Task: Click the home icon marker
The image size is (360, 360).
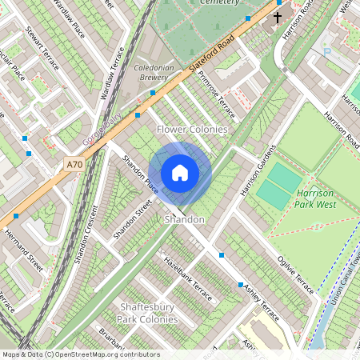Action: pyautogui.click(x=180, y=173)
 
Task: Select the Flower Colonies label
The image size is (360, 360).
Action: pyautogui.click(x=192, y=129)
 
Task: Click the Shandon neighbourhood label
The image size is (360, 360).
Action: pyautogui.click(x=184, y=218)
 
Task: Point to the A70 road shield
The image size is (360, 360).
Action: pyautogui.click(x=74, y=165)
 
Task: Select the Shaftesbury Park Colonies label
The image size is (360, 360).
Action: pyautogui.click(x=148, y=314)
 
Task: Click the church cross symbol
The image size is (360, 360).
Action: pyautogui.click(x=278, y=17)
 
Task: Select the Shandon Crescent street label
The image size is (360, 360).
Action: pyautogui.click(x=84, y=236)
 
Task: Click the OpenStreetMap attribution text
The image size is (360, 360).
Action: pyautogui.click(x=81, y=354)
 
